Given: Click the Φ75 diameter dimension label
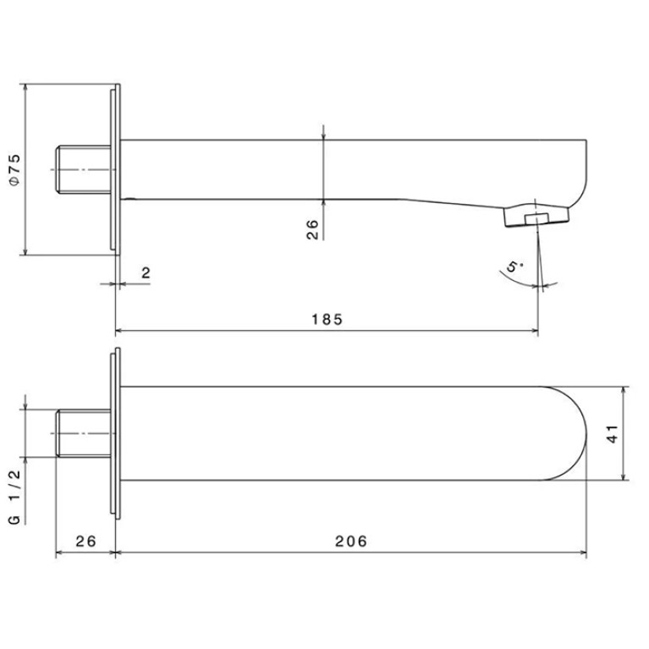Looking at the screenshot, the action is pos(15,170).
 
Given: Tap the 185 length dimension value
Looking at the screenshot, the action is pos(327,320).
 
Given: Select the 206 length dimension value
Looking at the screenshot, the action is pos(351,541).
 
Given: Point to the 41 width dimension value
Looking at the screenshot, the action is pos(613,434).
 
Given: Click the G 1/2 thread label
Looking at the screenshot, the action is pos(14,497).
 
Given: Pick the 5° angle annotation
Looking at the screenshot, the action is pos(514,267).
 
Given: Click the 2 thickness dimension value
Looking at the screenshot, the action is pos(146,273).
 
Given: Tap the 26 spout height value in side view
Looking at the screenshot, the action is pos(312,229).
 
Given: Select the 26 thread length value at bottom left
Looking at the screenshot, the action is pos(85,541).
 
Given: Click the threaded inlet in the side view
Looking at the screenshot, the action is pos(84,169).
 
